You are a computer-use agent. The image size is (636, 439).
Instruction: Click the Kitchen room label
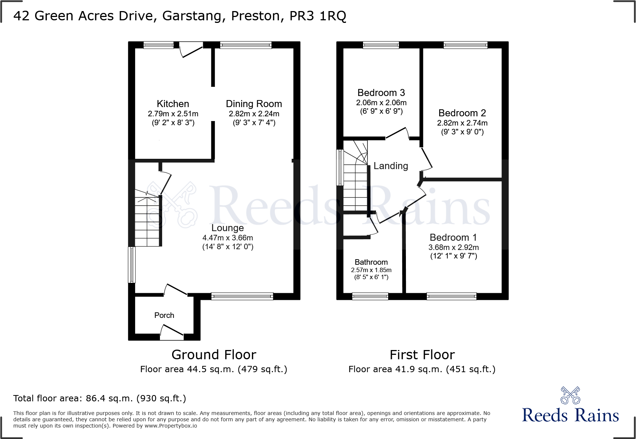(172, 104)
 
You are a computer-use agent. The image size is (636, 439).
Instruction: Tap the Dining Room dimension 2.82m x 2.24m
(254, 114)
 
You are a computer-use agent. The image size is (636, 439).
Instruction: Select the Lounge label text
(228, 228)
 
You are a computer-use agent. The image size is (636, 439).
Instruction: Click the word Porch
(164, 315)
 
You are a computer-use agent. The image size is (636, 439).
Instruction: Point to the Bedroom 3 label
(381, 93)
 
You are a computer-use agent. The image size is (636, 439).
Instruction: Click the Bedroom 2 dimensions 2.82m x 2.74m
(462, 123)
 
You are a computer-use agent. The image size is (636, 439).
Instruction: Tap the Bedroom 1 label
(453, 237)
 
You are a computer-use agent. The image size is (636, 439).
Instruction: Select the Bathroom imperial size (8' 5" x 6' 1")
(371, 277)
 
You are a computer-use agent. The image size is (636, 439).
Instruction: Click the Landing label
(390, 166)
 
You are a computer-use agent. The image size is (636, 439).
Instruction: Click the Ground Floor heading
(213, 355)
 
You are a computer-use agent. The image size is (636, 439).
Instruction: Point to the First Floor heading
(422, 355)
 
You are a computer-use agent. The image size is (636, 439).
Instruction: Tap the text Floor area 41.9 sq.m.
(395, 369)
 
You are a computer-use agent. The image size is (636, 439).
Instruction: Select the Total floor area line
(99, 398)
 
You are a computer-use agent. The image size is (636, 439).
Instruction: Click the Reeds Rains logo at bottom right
(570, 406)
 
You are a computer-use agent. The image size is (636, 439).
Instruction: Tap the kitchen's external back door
(191, 50)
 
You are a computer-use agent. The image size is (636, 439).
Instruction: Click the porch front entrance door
(172, 332)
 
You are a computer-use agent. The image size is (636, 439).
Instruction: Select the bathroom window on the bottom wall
(370, 296)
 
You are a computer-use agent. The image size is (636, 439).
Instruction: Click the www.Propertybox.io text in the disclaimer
(171, 426)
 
